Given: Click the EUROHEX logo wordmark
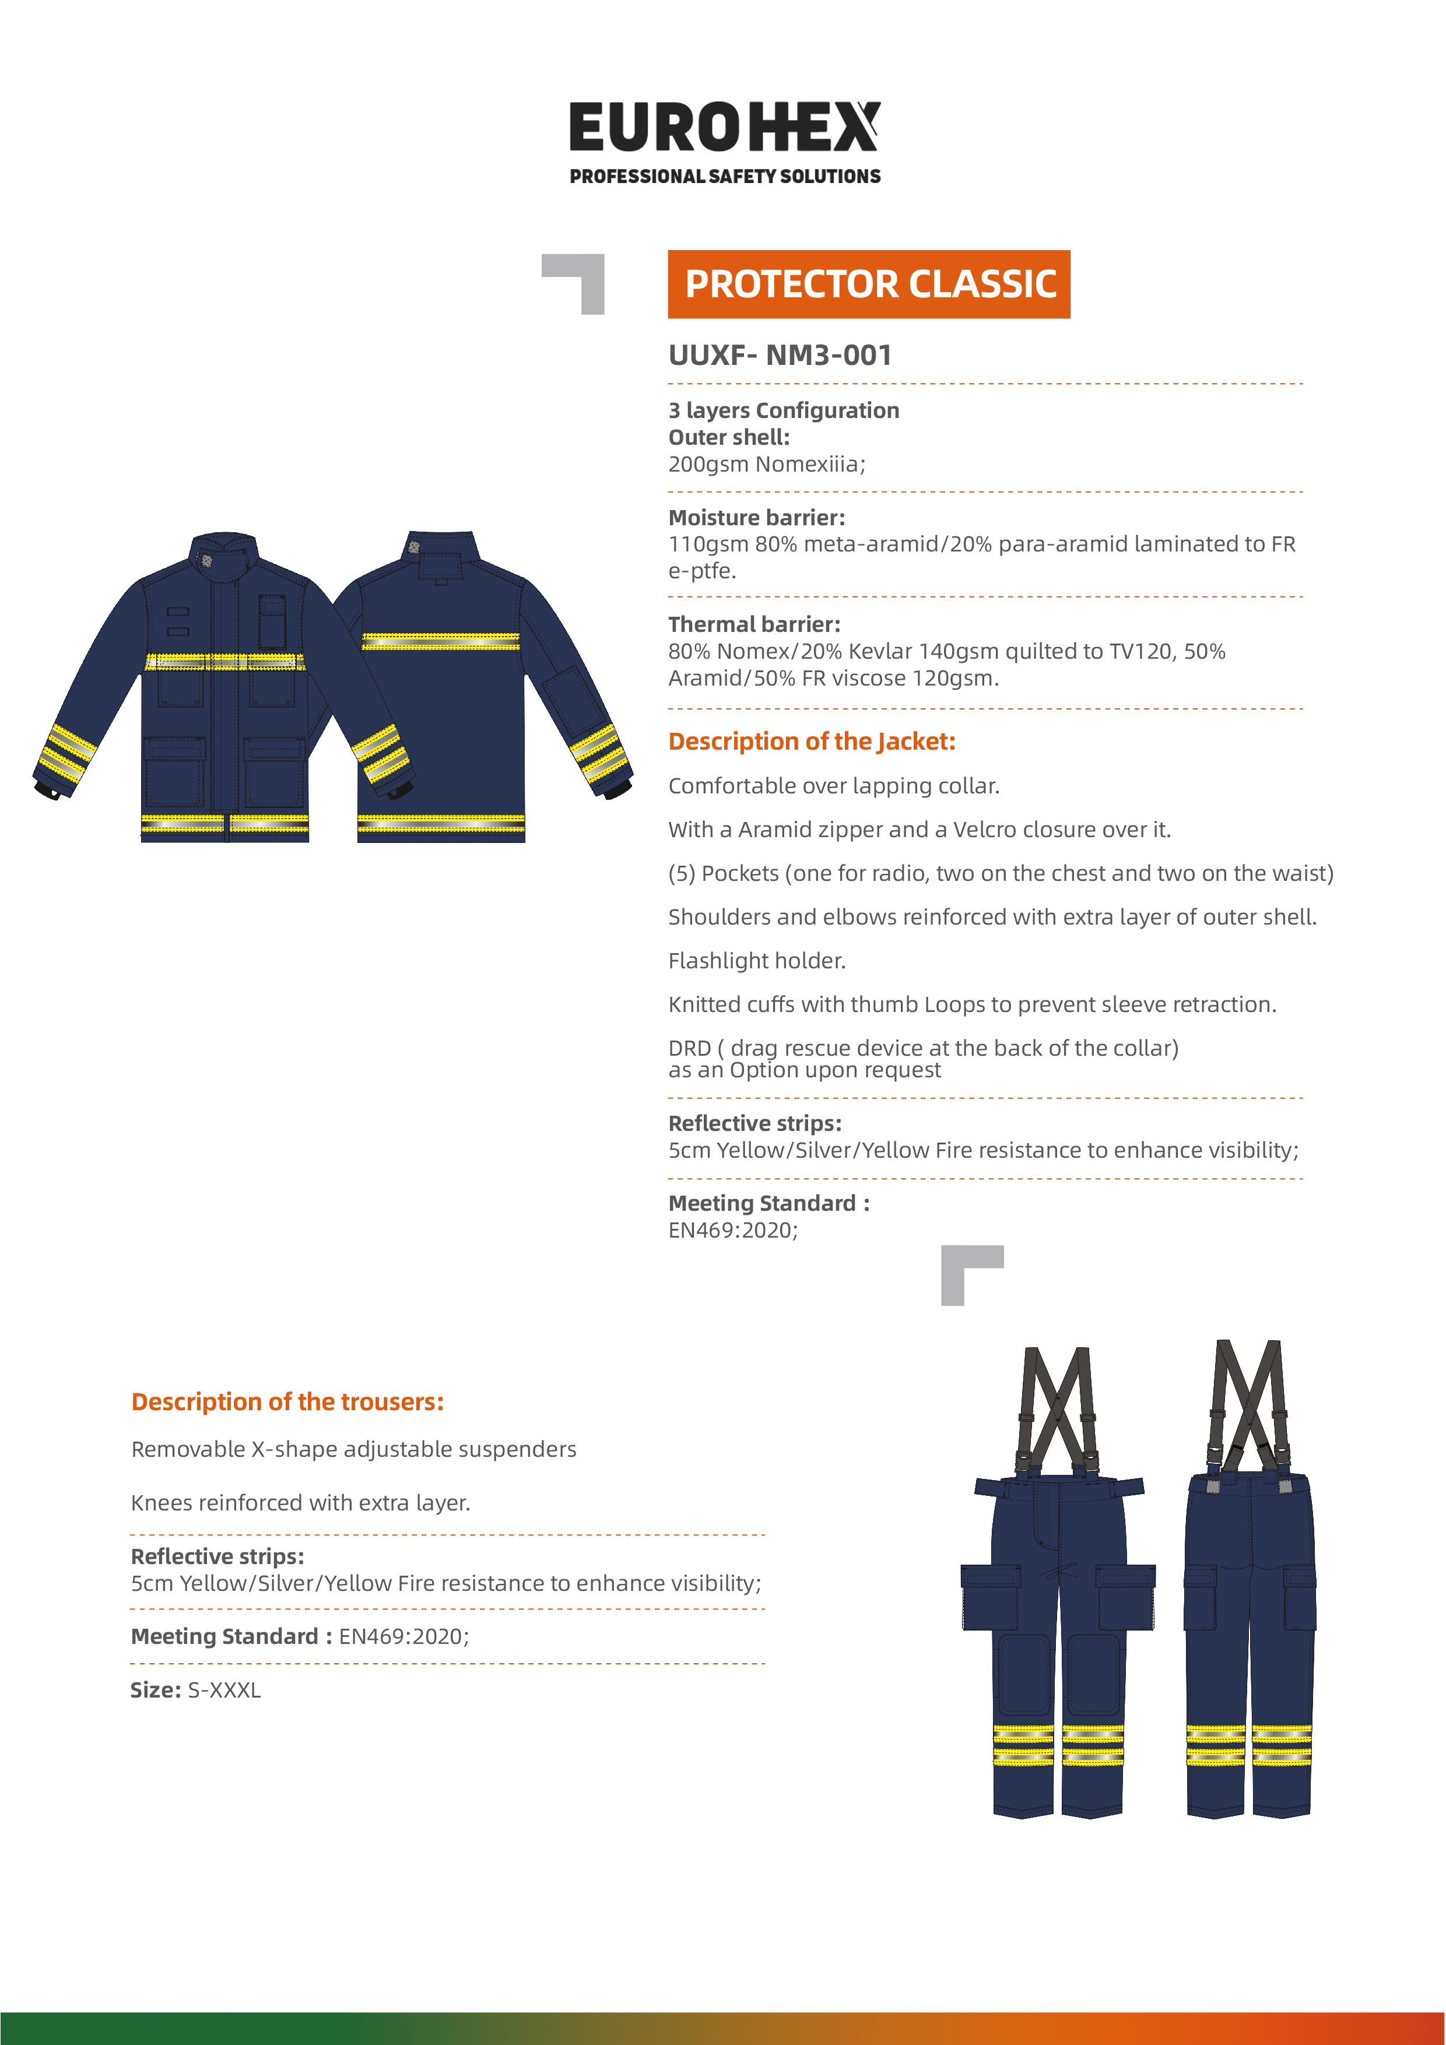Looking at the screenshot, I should (724, 127).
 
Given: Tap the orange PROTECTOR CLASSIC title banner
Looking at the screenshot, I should (869, 284).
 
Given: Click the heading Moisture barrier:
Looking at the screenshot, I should (756, 518).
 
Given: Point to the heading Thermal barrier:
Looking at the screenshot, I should (754, 624).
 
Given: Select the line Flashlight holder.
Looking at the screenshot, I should (756, 960).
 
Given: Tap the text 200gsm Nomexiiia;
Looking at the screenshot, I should (766, 464).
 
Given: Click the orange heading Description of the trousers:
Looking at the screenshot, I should (287, 1402).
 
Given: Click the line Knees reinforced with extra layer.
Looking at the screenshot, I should (300, 1503).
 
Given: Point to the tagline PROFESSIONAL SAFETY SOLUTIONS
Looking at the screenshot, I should (724, 177).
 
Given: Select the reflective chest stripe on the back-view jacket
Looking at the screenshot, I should (440, 641).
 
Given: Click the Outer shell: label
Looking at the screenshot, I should (729, 437).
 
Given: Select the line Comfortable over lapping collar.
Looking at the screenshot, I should (833, 786).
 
